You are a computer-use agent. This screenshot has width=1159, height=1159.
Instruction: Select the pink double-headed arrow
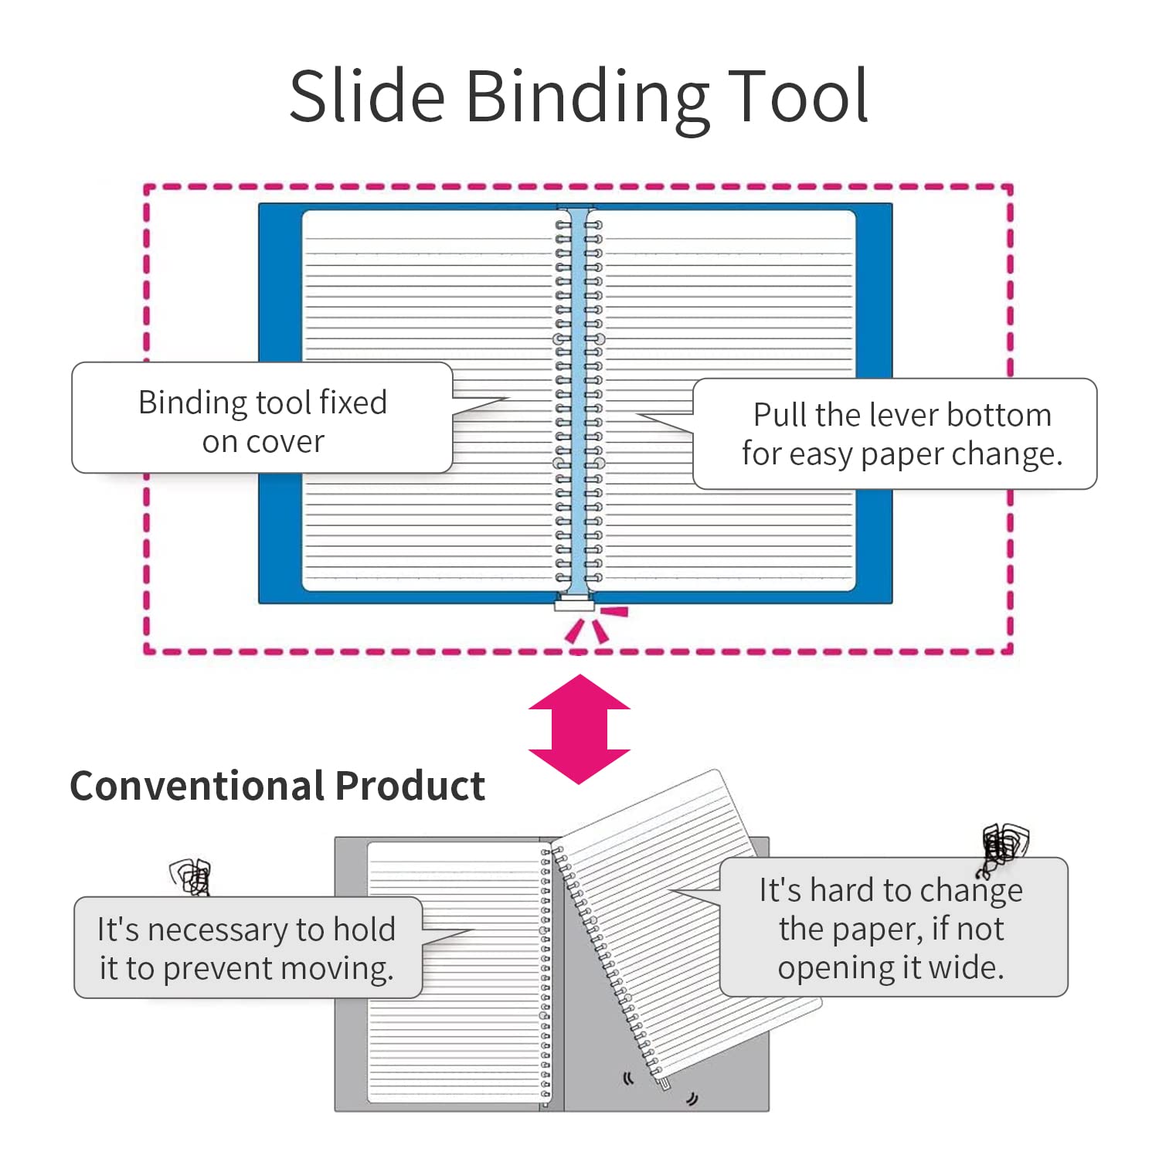tap(579, 729)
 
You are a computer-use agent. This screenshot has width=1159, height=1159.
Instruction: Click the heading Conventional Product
tap(277, 787)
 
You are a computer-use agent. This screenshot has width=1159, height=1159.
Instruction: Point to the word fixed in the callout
tap(353, 403)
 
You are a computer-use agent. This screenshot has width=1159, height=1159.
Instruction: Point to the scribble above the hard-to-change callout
tap(1004, 848)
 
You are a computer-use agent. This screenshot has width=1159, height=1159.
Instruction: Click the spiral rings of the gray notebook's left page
tap(546, 974)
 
